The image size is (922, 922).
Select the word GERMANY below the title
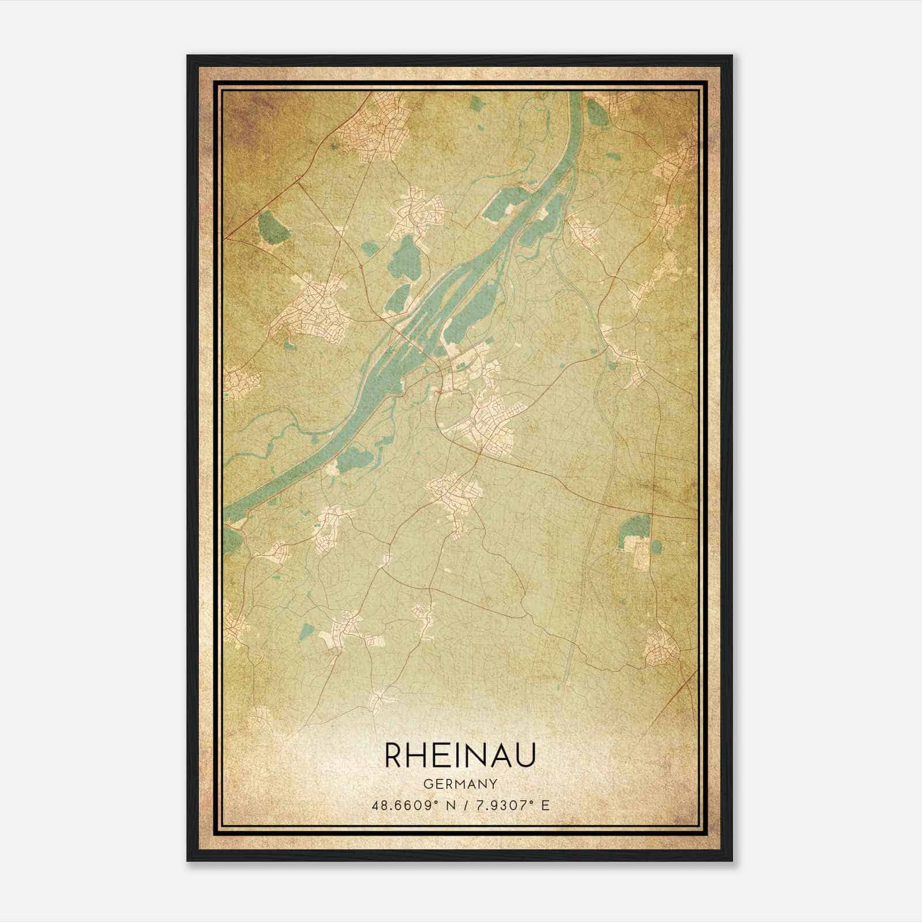[x=460, y=784]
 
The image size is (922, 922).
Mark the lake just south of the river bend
[x=353, y=460]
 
